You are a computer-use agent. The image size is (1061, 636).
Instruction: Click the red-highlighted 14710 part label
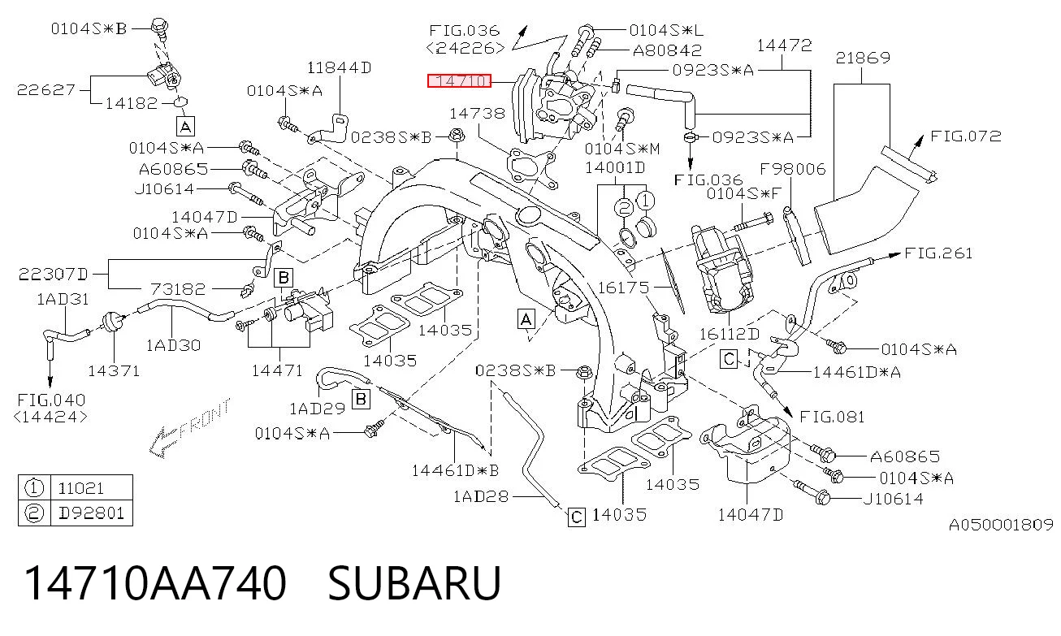coord(459,81)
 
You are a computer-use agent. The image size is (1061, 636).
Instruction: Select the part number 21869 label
coord(863,58)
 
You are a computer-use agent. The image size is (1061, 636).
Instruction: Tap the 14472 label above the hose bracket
coord(784,45)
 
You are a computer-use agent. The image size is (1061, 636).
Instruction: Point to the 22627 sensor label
coord(46,89)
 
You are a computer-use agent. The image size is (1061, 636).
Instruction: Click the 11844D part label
coord(339,67)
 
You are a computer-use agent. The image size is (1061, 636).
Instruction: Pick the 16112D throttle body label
coord(730,334)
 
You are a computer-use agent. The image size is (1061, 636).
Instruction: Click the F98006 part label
coord(792,169)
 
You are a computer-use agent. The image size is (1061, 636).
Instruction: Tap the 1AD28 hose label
coord(481,496)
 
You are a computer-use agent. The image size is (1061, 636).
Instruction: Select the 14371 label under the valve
coord(114,371)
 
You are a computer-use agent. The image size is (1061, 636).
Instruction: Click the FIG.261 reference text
coord(938,253)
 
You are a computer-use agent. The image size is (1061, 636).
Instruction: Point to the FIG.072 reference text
coord(966,136)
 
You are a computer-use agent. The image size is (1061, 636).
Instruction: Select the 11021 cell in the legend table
coord(80,488)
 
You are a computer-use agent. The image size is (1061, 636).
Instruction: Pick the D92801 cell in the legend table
coord(92,513)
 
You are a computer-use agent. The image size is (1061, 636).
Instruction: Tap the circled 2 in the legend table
coord(34,513)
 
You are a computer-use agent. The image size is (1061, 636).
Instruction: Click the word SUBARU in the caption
coord(414,583)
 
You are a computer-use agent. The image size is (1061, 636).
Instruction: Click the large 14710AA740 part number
coord(155,583)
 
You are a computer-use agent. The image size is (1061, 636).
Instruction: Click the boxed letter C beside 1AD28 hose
coord(577,517)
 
